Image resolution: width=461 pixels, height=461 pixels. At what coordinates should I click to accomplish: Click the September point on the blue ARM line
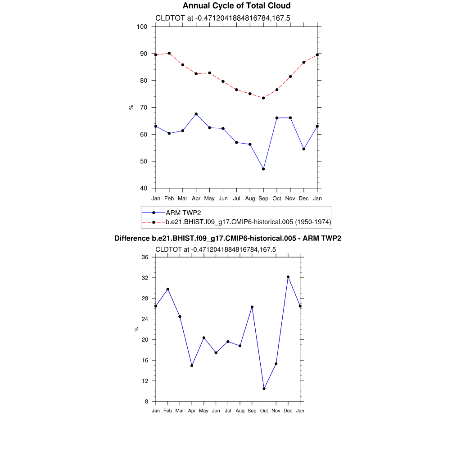point(263,169)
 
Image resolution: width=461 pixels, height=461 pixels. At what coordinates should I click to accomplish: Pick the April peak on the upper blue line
point(196,114)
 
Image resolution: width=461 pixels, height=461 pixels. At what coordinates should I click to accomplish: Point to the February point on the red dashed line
point(169,53)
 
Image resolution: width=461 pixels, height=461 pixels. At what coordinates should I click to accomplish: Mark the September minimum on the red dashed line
point(263,98)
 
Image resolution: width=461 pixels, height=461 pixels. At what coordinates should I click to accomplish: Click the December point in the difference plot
point(288,277)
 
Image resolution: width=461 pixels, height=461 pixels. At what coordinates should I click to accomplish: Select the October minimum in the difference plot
point(264,389)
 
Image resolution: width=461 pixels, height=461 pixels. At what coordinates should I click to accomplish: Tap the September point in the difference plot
point(252,307)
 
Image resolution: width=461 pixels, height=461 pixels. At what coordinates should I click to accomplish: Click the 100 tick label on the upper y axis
point(142,27)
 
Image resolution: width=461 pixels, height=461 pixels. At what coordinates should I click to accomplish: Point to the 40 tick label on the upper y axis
point(144,188)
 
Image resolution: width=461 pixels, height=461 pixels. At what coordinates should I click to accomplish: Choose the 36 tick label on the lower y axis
point(145,257)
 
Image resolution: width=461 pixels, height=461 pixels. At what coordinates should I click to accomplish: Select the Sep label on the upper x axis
point(263,198)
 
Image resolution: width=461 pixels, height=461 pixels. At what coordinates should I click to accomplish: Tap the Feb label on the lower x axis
point(168,411)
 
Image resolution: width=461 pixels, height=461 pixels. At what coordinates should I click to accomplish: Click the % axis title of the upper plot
point(131,107)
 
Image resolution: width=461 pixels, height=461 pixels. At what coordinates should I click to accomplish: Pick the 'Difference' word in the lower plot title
point(132,238)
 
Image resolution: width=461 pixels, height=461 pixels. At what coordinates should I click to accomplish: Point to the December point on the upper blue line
point(304,149)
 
